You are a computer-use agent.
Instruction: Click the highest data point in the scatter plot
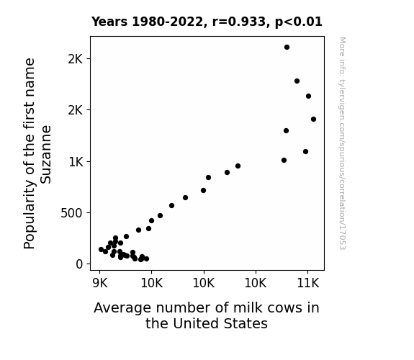(x=287, y=48)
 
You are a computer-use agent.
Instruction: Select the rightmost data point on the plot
(x=313, y=119)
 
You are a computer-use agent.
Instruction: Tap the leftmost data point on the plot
(x=101, y=249)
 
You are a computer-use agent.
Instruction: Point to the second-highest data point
(x=297, y=81)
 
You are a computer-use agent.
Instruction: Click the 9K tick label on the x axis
(x=100, y=284)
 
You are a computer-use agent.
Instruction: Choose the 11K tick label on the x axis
(x=308, y=284)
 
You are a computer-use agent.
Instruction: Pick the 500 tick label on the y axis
(x=71, y=213)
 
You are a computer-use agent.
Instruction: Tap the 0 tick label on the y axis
(x=79, y=264)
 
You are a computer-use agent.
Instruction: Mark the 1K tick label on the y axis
(x=76, y=162)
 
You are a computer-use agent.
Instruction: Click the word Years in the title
(x=109, y=22)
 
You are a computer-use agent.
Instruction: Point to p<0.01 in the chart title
(x=299, y=22)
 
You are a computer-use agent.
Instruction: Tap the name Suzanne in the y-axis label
(x=45, y=155)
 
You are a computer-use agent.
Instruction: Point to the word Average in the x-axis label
(x=122, y=308)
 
